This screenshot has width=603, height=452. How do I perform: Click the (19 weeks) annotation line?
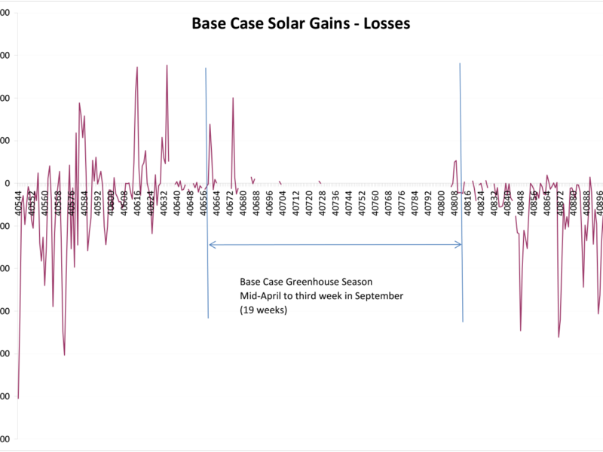pos(265,310)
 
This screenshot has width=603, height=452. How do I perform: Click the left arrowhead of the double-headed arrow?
pos(212,244)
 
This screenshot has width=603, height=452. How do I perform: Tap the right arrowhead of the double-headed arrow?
pos(459,244)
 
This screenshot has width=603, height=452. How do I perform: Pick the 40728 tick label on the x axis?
pos(323,203)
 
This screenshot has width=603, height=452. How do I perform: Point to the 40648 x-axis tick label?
pos(191,203)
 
